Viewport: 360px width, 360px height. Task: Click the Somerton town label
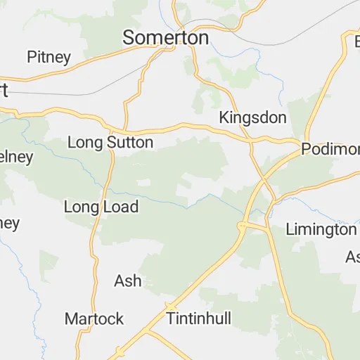click(x=166, y=38)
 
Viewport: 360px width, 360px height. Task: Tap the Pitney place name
click(x=49, y=57)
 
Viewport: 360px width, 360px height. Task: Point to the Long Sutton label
click(x=110, y=143)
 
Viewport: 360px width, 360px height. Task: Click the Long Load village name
click(x=101, y=207)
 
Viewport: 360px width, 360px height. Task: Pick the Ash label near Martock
click(x=127, y=281)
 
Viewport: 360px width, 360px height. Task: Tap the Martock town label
click(x=94, y=318)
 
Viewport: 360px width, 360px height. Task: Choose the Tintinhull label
click(x=199, y=318)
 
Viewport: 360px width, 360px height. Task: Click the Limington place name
click(x=321, y=229)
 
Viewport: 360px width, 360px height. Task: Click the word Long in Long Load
click(x=79, y=207)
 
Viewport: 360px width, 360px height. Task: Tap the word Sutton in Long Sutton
click(x=131, y=143)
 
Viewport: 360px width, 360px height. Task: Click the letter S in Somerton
click(x=129, y=38)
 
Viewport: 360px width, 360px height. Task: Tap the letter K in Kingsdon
click(x=224, y=117)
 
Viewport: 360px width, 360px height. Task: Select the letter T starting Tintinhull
click(x=171, y=318)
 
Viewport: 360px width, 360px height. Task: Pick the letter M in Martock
click(x=70, y=318)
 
